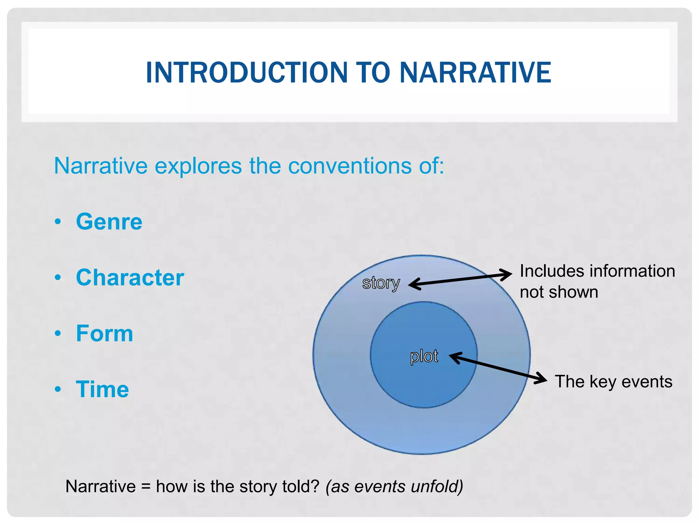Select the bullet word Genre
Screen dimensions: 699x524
(x=109, y=222)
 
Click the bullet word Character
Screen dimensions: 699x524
(x=130, y=277)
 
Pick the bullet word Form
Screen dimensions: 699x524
(x=104, y=333)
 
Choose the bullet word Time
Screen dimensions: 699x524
(x=102, y=389)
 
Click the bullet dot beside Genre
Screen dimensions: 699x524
(x=58, y=222)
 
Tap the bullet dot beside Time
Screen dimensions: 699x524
(x=58, y=389)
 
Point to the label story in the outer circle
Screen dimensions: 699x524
(x=381, y=283)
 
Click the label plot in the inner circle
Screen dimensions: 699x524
(x=424, y=356)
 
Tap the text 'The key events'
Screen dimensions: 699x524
(x=613, y=381)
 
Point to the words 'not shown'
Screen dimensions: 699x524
(x=559, y=292)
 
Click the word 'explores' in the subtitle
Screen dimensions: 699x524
(x=198, y=166)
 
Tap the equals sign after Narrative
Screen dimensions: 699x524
(x=146, y=486)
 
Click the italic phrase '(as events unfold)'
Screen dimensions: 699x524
(x=394, y=486)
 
